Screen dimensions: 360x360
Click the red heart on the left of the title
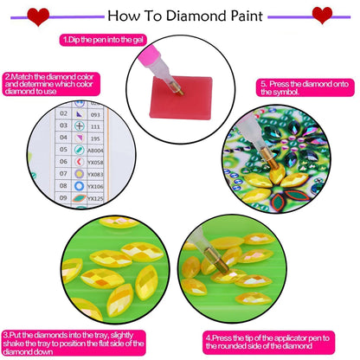point(38,16)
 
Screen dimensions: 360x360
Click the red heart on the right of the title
point(322,16)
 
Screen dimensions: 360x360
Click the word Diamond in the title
point(195,16)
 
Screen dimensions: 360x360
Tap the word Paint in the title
point(244,16)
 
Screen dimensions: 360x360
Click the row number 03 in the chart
point(63,126)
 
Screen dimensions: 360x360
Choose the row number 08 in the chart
point(63,185)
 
